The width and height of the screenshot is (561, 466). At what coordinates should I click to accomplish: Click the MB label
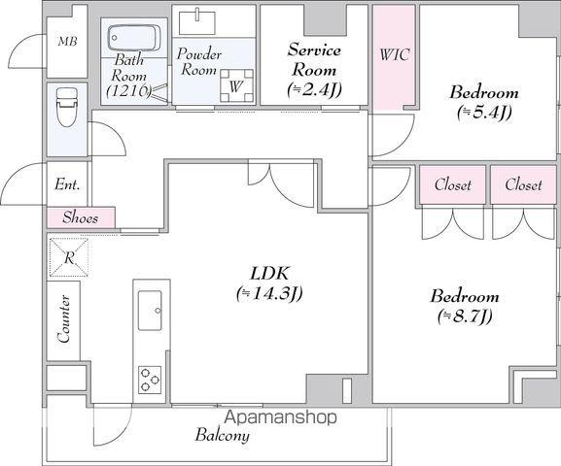click(67, 42)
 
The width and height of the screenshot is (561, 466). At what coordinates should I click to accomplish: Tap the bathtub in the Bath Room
click(134, 38)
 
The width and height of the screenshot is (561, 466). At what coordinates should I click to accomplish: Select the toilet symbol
click(67, 107)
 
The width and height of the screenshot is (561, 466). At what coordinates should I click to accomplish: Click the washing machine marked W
click(236, 85)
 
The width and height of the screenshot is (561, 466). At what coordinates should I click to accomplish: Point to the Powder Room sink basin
click(197, 23)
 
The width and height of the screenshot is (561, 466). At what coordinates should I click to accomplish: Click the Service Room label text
click(314, 59)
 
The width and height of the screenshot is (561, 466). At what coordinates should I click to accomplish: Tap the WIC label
click(395, 54)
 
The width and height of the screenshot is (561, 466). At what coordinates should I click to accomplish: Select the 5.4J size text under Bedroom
click(484, 113)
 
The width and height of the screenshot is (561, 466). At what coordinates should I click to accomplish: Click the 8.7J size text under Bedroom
click(465, 316)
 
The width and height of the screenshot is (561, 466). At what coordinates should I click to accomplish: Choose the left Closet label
click(453, 184)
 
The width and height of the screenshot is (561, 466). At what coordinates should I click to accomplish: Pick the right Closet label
click(523, 184)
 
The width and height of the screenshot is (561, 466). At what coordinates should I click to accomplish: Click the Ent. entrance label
click(67, 184)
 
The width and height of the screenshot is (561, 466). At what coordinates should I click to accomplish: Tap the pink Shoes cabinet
click(81, 217)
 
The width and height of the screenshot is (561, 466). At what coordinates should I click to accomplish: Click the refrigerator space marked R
click(69, 257)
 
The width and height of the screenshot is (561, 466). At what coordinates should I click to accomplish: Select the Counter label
click(64, 318)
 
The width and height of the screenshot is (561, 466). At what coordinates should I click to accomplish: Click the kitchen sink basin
click(150, 311)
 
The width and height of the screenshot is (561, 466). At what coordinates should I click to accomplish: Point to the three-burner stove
click(150, 380)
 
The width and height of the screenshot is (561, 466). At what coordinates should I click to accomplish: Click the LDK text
click(269, 274)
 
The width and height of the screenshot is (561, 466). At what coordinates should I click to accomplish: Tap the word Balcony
click(223, 435)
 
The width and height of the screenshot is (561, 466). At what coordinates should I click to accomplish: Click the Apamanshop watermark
click(281, 417)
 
